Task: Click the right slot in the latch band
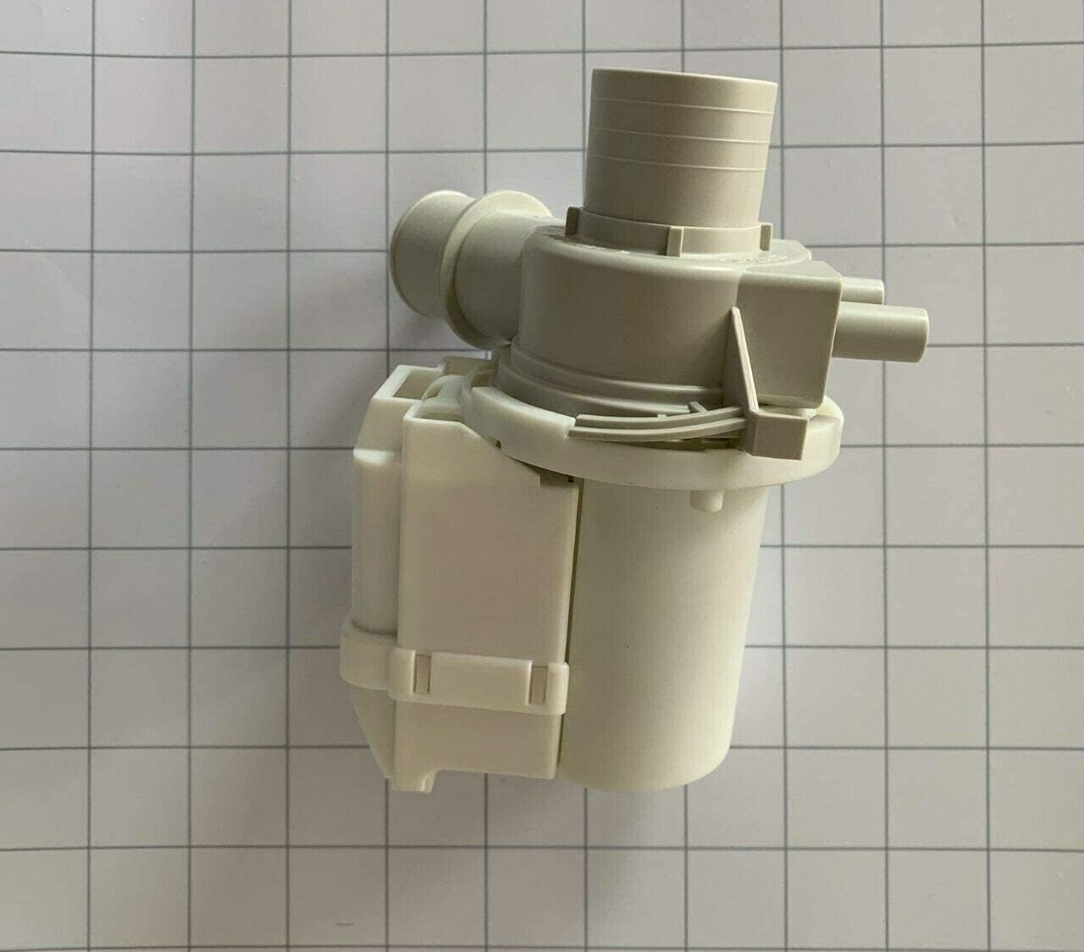click(538, 669)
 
